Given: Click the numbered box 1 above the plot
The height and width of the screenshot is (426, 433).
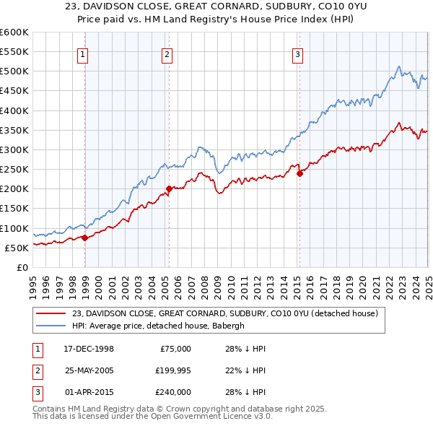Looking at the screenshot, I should tap(84, 53).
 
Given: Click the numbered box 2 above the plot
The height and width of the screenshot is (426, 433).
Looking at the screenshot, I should tap(167, 53).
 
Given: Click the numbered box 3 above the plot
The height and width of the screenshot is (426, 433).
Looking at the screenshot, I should tap(297, 53).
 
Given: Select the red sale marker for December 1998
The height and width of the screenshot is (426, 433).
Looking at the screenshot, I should tap(84, 238).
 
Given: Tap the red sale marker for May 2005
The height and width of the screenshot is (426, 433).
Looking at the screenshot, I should tap(169, 188).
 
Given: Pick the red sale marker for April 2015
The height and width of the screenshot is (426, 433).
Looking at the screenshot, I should tap(299, 173).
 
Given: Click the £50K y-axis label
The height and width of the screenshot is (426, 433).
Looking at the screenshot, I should tap(17, 248).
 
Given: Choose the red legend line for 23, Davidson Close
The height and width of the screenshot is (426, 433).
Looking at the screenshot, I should tap(51, 313).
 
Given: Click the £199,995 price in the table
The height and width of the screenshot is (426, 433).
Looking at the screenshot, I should tap(173, 370).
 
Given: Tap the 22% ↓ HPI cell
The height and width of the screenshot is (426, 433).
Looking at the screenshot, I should tap(246, 370).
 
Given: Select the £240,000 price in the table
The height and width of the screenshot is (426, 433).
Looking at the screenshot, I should tap(173, 392).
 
